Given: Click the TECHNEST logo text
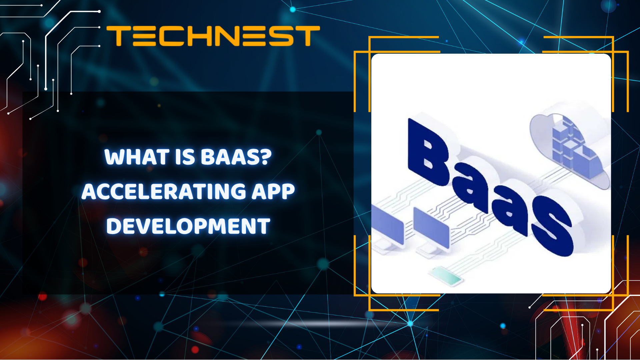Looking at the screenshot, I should (213, 36).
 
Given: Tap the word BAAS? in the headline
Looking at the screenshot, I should (236, 157).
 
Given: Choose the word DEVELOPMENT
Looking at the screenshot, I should (188, 226).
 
